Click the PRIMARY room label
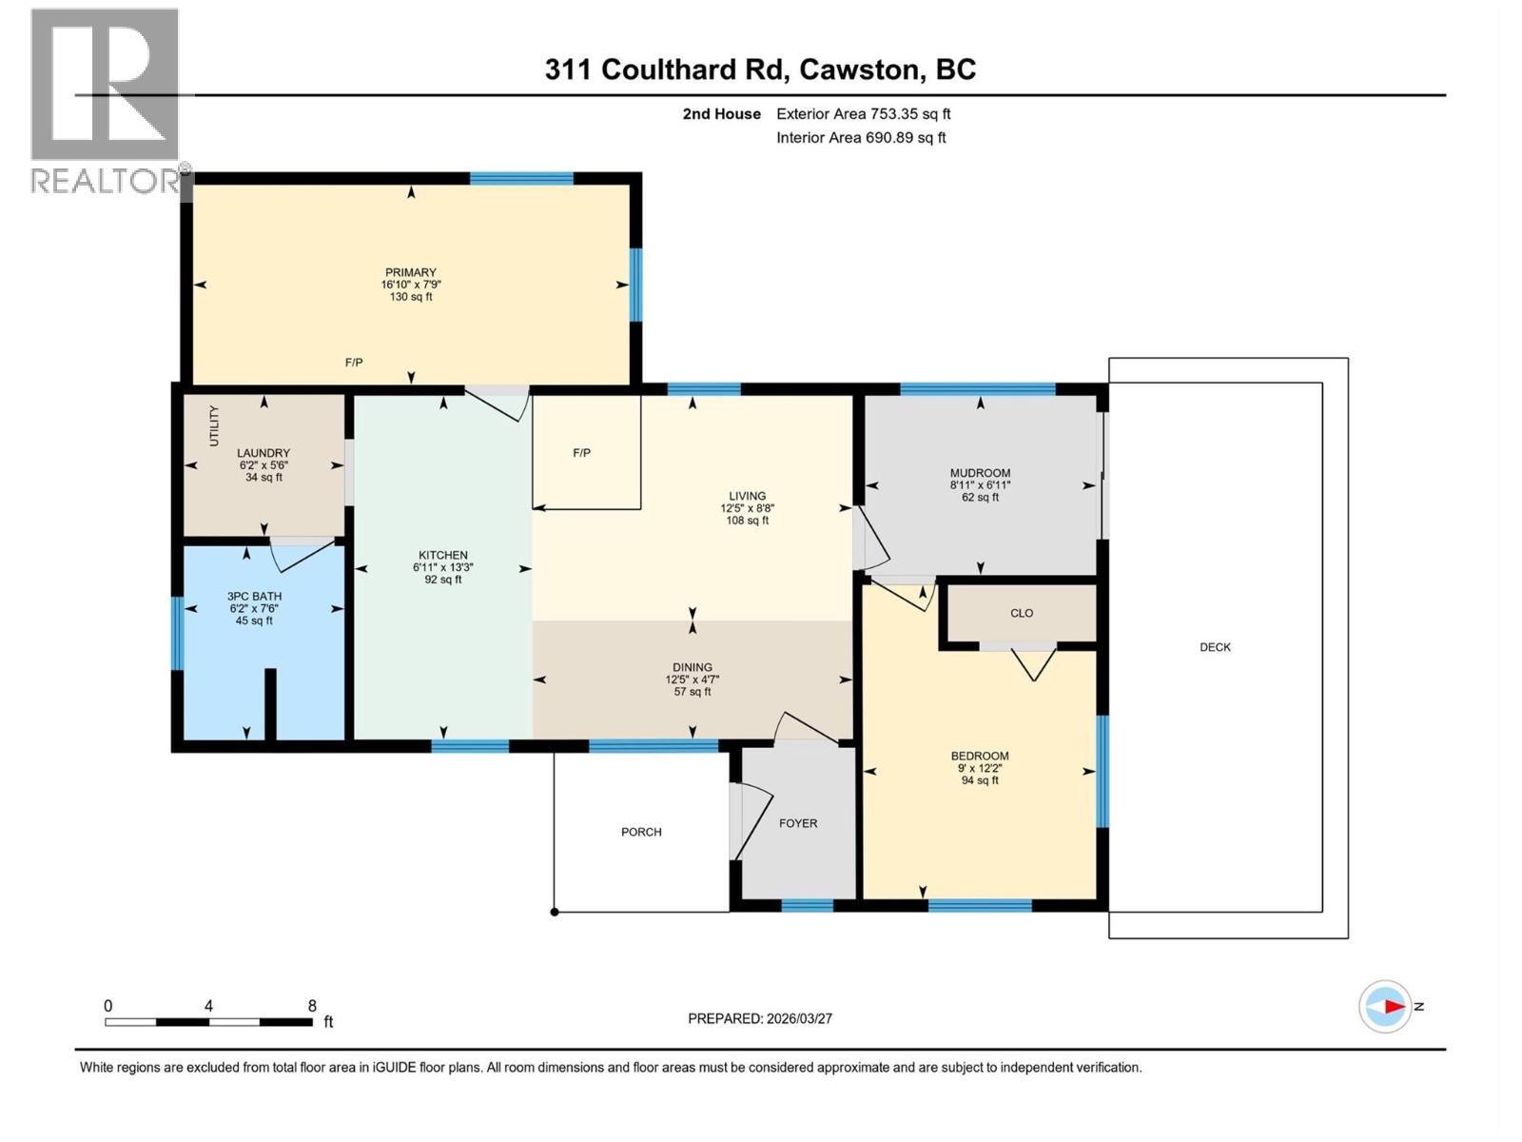click(x=410, y=272)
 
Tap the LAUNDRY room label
click(x=263, y=453)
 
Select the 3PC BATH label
click(x=255, y=597)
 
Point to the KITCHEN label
click(x=443, y=555)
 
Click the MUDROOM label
click(x=980, y=473)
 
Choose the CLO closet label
click(x=1022, y=613)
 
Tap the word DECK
click(x=1215, y=647)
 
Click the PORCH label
click(x=641, y=832)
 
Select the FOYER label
click(x=798, y=823)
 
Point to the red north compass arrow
click(x=1394, y=1006)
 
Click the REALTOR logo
click(x=105, y=100)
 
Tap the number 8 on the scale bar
click(x=312, y=1006)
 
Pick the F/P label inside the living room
click(x=581, y=453)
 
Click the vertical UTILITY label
click(x=214, y=425)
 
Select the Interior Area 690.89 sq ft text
click(x=861, y=137)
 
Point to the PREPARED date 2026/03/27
click(x=760, y=1018)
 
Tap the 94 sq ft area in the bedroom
click(x=980, y=780)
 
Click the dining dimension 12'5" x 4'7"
click(x=693, y=679)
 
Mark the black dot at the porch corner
click(x=555, y=912)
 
